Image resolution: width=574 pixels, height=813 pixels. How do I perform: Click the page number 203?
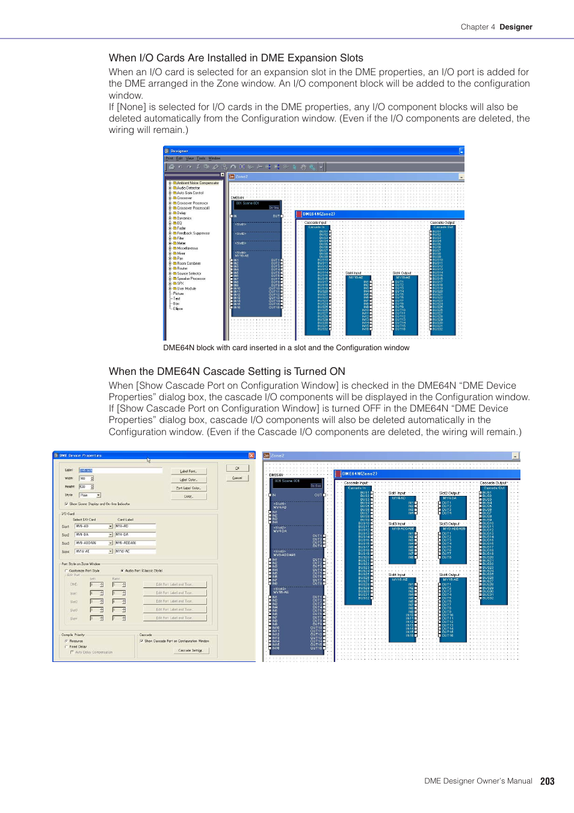point(547,781)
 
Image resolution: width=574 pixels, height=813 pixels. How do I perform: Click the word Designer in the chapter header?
point(516,27)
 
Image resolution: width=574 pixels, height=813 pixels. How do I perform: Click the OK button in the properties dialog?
point(237,468)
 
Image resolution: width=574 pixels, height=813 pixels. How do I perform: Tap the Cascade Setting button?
point(190,651)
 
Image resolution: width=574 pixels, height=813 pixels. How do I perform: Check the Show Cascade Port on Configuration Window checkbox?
point(141,641)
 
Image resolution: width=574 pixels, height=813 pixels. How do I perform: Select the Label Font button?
point(188,471)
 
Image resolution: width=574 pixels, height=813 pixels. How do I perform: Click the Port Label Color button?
point(188,488)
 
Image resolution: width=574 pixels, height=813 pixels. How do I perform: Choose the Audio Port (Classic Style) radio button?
point(122,570)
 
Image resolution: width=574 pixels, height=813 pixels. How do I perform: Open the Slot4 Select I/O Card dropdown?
point(111,551)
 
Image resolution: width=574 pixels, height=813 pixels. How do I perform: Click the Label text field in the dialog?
point(120,471)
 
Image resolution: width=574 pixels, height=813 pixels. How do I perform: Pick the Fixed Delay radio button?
point(66,647)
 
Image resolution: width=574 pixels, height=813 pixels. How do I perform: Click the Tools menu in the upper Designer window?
point(201,158)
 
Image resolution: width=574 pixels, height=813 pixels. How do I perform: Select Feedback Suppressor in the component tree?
point(193,233)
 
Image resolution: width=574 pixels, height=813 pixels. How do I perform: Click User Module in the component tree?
point(186,288)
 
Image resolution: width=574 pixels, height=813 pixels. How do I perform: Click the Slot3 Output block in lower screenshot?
point(453,542)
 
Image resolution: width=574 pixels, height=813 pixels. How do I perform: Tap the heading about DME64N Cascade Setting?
point(227,371)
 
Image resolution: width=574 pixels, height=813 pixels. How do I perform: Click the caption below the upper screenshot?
point(286,348)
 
